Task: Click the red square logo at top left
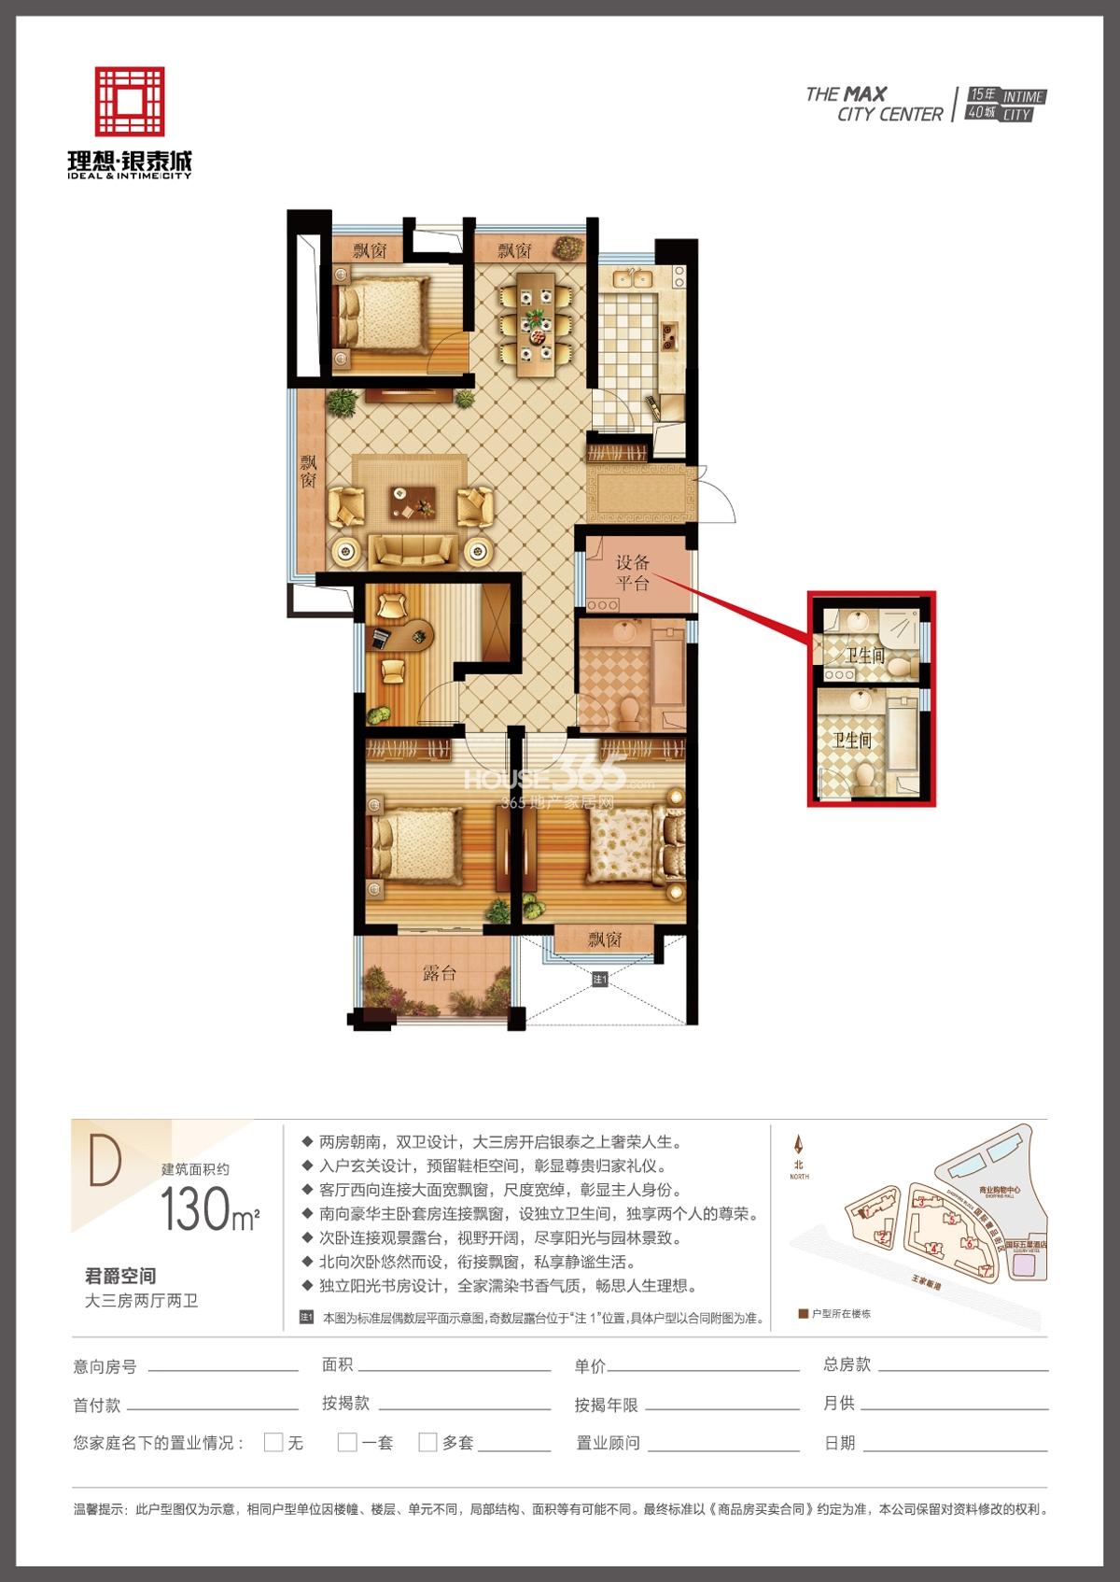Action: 130,101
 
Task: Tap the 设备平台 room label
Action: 633,572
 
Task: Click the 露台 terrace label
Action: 439,972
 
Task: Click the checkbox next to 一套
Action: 347,1442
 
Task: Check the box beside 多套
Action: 427,1442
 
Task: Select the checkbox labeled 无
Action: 273,1442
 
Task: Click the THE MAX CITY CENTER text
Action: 874,104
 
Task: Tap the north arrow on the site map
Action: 798,1146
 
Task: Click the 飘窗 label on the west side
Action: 308,472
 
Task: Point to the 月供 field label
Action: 839,1403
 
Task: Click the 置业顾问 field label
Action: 608,1443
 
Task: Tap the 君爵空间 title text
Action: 120,1276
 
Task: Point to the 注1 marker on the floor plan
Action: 599,980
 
